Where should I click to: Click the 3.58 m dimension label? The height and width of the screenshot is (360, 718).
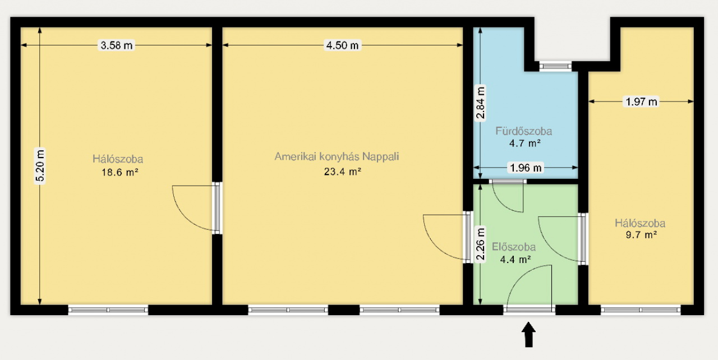[x=116, y=45]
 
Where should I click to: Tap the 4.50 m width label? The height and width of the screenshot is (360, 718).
[x=342, y=45]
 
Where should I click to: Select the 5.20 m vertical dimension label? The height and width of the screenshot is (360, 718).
[x=40, y=166]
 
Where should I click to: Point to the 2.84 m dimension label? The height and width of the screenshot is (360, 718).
[x=480, y=103]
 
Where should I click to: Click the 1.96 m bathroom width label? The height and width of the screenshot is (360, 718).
[x=526, y=167]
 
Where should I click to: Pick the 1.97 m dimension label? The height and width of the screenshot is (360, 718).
[x=641, y=101]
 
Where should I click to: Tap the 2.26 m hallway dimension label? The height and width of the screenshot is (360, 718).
[x=480, y=244]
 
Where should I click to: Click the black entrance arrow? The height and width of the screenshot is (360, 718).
[x=528, y=335]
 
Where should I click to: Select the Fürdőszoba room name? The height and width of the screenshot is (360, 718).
[x=524, y=131]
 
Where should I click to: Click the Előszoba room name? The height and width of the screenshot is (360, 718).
[x=514, y=247]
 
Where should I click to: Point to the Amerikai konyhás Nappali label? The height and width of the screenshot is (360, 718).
[x=337, y=156]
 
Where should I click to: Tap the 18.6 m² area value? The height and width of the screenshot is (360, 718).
[x=120, y=172]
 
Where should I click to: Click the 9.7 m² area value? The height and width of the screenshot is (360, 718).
[x=641, y=235]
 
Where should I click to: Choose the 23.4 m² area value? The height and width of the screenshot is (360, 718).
[x=343, y=172]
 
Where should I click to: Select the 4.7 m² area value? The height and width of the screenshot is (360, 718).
[x=525, y=143]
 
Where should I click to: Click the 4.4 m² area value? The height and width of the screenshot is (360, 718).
[x=516, y=259]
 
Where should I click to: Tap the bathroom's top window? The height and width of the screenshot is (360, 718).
[x=555, y=66]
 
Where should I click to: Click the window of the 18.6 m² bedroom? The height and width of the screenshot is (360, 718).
[x=108, y=310]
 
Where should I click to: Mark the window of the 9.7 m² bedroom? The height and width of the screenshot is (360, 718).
[x=641, y=310]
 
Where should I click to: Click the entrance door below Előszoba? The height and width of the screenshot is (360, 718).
[x=529, y=310]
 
